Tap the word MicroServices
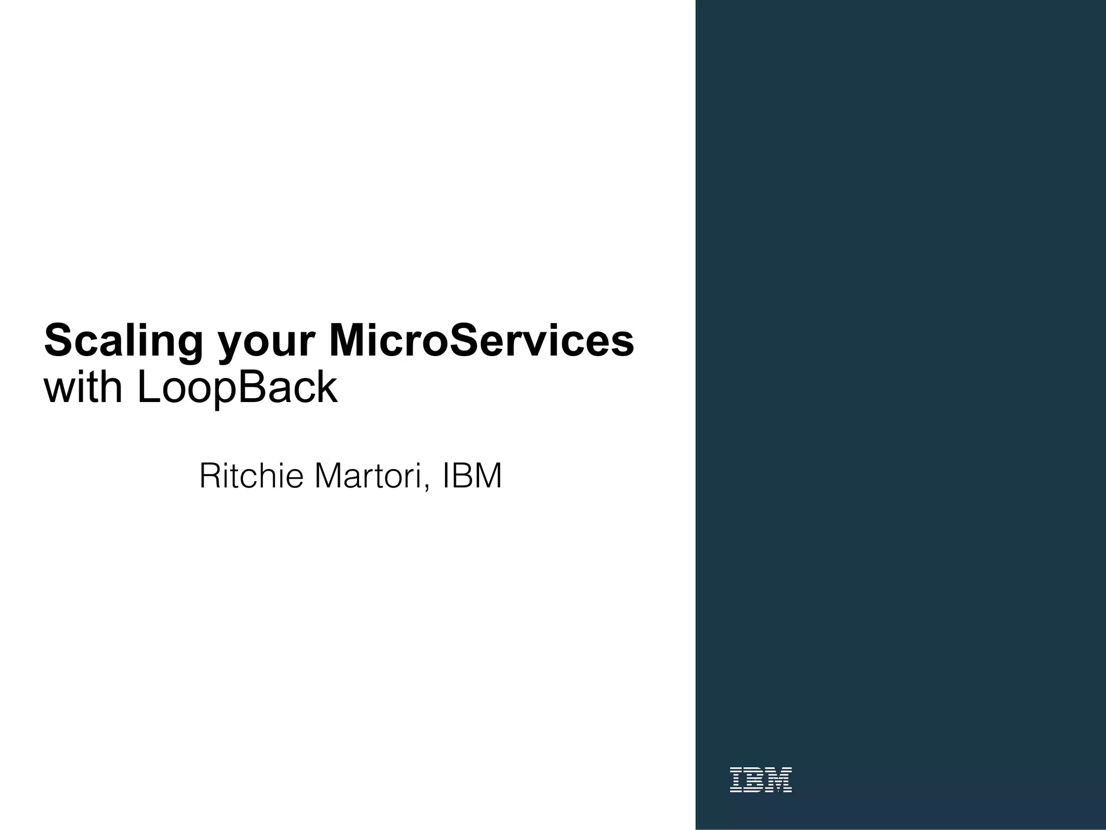pyautogui.click(x=481, y=341)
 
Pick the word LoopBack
pyautogui.click(x=238, y=389)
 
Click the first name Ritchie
pyautogui.click(x=251, y=476)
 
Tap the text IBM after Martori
pyautogui.click(x=472, y=476)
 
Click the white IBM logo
pyautogui.click(x=760, y=780)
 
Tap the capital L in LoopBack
pyautogui.click(x=148, y=387)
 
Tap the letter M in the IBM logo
pyautogui.click(x=779, y=780)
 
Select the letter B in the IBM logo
pyautogui.click(x=755, y=780)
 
